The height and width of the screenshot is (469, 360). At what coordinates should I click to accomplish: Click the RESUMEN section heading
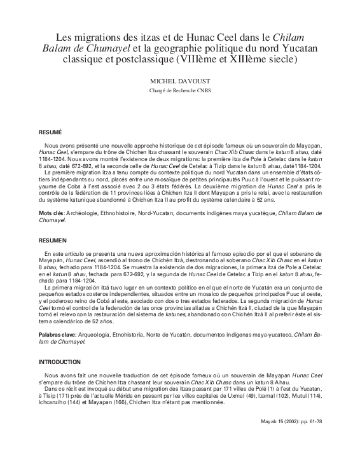[52, 241]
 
